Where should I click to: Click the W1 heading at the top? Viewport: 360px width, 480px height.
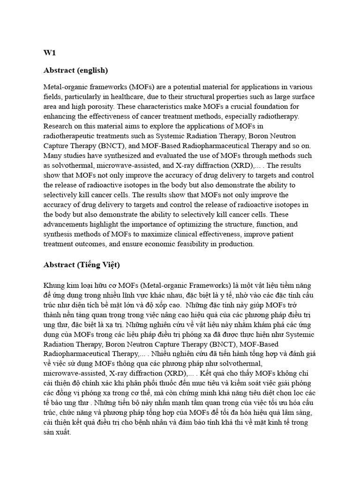(x=50, y=53)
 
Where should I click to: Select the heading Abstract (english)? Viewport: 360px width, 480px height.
(x=75, y=70)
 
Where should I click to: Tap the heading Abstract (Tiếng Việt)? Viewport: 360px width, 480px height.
(x=82, y=265)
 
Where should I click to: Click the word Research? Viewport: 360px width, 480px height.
(x=58, y=126)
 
